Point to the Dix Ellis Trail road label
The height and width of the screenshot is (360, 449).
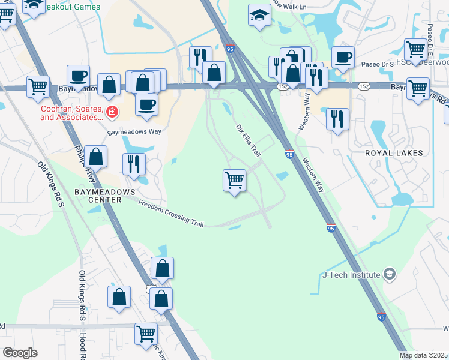(x=247, y=137)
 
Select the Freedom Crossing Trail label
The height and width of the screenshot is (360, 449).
(x=171, y=213)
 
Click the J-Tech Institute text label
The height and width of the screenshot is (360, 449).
(x=351, y=275)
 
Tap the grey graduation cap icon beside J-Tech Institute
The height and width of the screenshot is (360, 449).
(x=390, y=274)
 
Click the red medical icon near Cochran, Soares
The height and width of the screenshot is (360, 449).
(x=112, y=111)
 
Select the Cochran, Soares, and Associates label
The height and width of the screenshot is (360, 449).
(x=72, y=114)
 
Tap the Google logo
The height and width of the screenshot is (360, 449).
(x=20, y=352)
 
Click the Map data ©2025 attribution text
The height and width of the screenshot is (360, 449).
(x=423, y=355)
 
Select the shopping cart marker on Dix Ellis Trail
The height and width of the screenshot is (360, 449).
(x=234, y=179)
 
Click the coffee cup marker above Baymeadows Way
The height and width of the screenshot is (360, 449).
(x=146, y=105)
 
